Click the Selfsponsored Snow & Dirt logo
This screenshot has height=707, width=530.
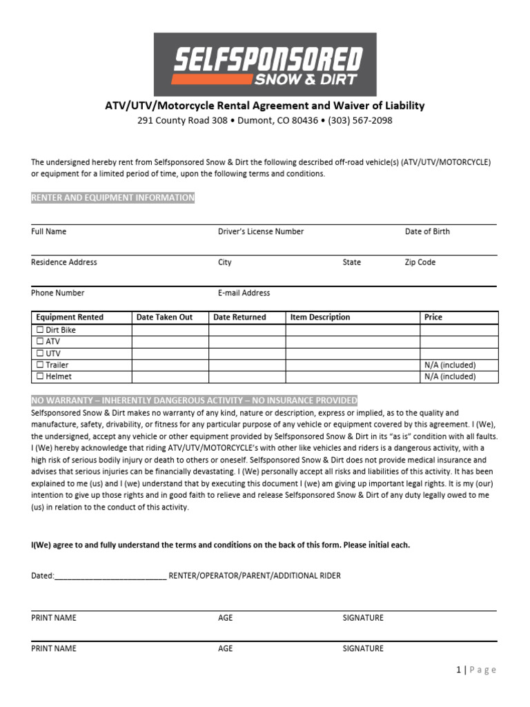point(265,64)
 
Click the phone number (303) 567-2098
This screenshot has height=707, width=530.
point(357,120)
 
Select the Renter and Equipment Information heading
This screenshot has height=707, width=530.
point(112,198)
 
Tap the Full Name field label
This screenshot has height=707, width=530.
point(49,232)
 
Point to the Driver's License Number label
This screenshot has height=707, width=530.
point(260,232)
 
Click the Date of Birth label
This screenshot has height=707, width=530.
point(427,232)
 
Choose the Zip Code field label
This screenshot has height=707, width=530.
point(420,262)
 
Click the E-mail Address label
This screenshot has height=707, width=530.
point(244,293)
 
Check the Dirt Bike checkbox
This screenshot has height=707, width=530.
point(40,330)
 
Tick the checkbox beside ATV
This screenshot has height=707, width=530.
point(40,342)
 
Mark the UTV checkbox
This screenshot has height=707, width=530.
point(40,353)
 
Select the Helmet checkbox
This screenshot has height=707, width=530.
point(40,376)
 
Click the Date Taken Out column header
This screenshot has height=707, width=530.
point(164,318)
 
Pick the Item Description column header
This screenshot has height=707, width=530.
point(320,318)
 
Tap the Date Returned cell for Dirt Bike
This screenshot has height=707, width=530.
point(247,330)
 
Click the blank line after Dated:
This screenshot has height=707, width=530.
point(110,576)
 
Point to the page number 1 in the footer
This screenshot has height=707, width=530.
point(458,670)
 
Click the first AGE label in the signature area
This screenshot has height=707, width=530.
point(226,618)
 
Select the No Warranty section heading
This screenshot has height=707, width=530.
point(194,400)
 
